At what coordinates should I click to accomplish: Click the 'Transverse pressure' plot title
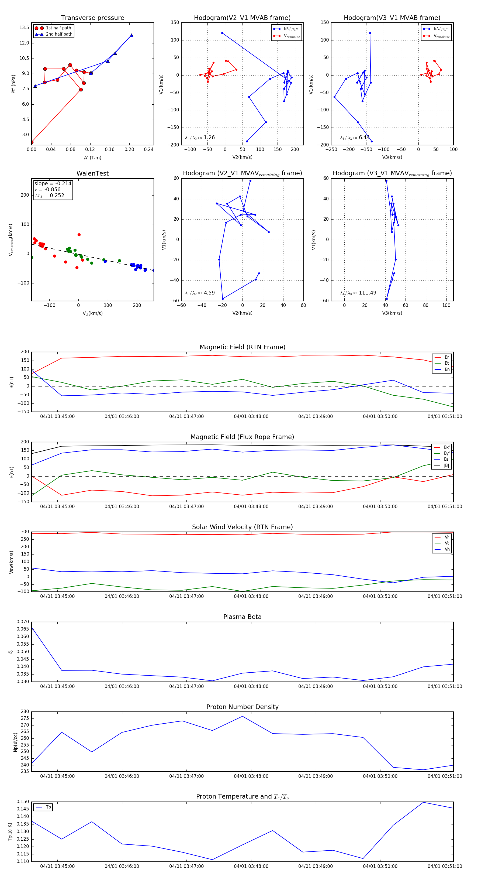tap(92, 18)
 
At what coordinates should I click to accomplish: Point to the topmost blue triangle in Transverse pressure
tap(131, 35)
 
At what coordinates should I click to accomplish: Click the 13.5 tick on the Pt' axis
tap(24, 28)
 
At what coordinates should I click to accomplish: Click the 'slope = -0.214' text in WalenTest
tap(53, 183)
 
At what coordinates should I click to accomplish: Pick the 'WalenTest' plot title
tap(92, 173)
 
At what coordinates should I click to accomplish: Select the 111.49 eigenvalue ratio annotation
tap(358, 293)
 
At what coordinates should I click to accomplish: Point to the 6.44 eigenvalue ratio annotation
tap(355, 138)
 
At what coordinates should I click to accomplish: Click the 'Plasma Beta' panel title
tap(242, 617)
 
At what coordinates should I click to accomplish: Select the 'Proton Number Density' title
tap(242, 707)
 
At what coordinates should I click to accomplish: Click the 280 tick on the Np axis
tap(25, 712)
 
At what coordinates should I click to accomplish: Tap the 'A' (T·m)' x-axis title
tap(92, 158)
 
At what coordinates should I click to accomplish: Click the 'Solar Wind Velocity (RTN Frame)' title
tap(242, 527)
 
